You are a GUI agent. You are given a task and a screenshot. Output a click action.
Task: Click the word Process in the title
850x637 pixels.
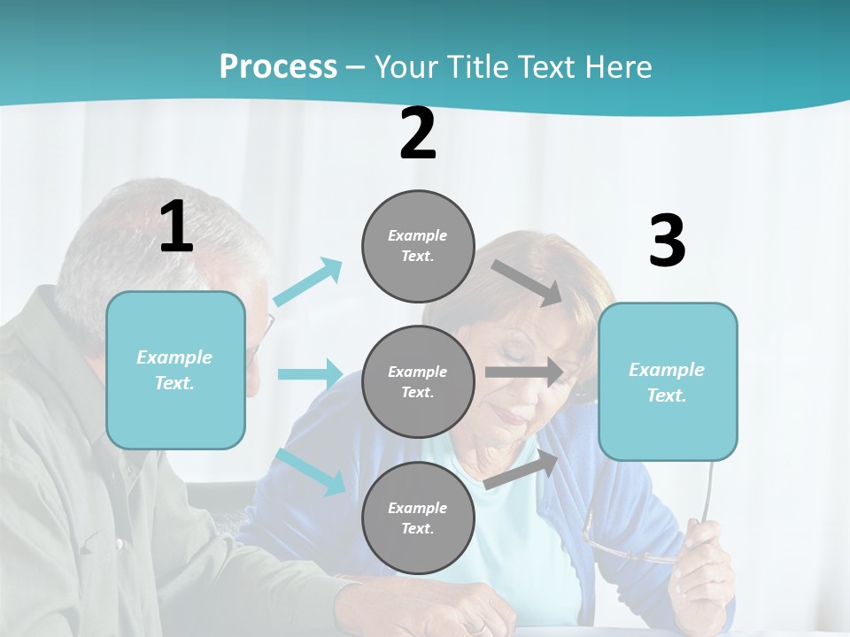click(278, 66)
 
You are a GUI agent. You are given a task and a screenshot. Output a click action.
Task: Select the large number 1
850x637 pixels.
click(176, 227)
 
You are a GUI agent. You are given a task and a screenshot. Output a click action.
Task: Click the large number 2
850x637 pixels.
click(418, 134)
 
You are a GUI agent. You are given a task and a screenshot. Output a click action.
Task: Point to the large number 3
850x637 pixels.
click(667, 242)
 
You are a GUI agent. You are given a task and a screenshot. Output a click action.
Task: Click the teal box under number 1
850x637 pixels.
click(175, 370)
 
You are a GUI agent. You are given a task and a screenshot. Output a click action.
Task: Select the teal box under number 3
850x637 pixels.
click(668, 381)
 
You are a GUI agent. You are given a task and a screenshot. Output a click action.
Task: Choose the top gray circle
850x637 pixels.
click(418, 246)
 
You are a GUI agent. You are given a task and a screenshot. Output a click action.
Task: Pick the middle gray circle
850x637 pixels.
click(418, 381)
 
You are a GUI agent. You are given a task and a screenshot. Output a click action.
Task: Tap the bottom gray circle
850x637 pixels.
click(418, 518)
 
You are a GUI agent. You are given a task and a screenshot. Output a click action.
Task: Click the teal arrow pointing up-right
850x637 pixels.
click(308, 281)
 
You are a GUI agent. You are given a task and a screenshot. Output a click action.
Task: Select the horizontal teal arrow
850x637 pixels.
click(310, 373)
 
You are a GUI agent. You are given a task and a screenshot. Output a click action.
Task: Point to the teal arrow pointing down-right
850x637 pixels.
click(312, 471)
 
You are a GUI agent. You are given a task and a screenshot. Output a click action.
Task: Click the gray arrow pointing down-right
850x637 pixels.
click(528, 282)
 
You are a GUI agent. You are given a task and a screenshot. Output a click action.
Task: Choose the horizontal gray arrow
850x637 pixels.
click(524, 372)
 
